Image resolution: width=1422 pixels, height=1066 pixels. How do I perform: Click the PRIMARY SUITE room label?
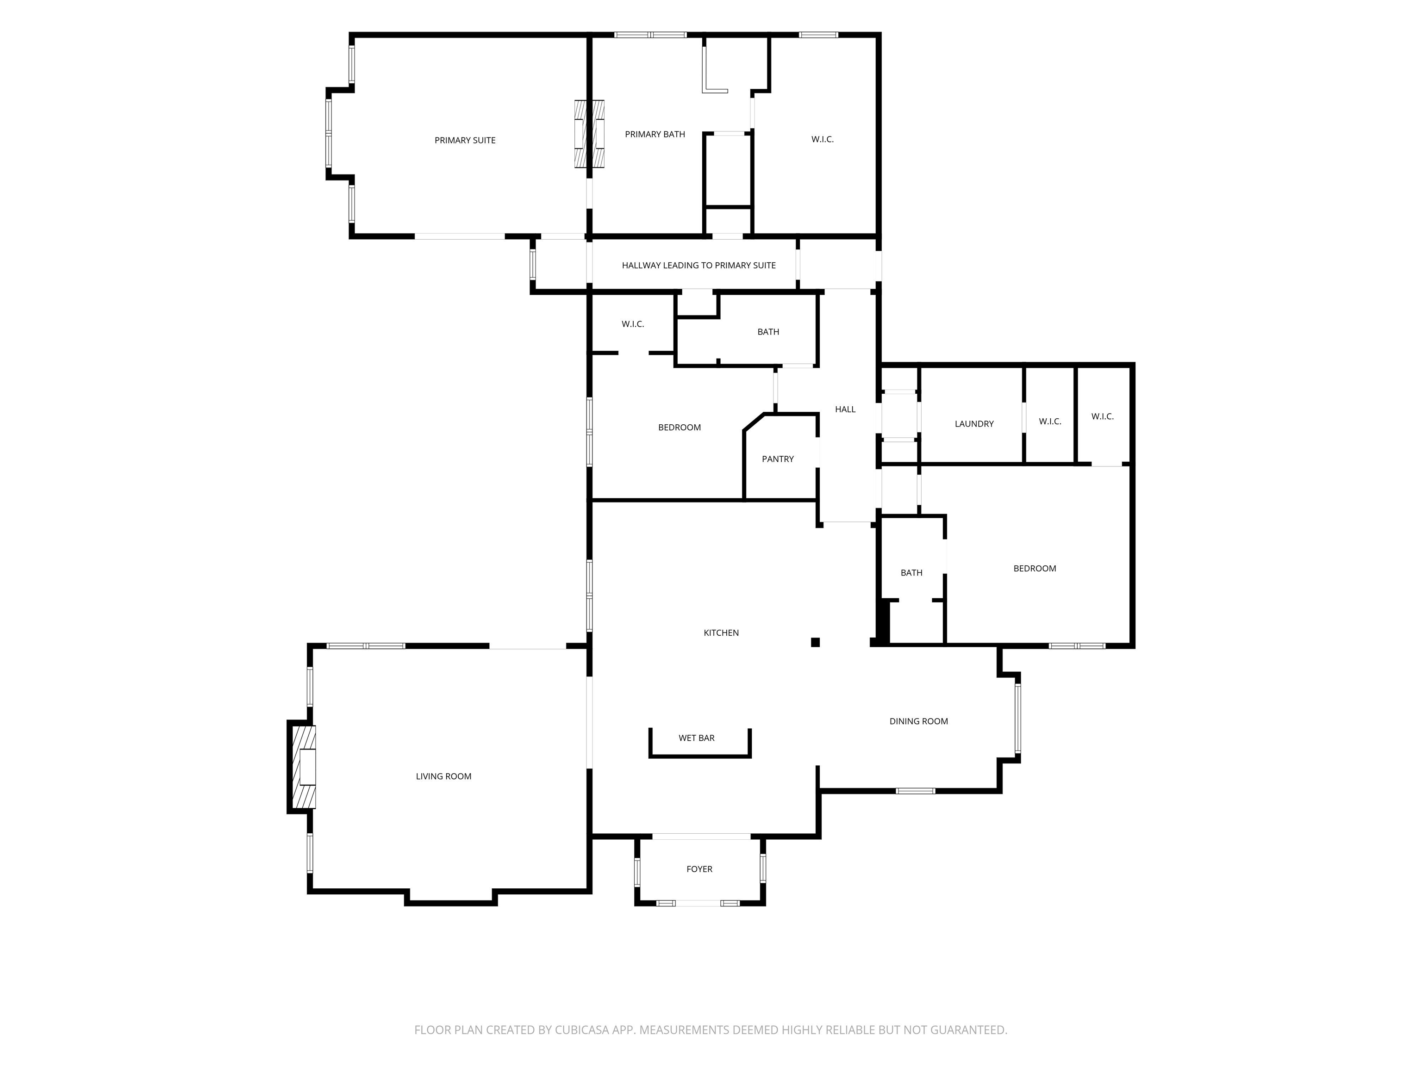click(465, 140)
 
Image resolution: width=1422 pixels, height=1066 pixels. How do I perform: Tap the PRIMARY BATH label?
click(655, 134)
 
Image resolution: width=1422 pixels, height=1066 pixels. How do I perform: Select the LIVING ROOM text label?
click(443, 776)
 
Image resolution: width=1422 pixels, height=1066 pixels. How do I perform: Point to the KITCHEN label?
click(721, 633)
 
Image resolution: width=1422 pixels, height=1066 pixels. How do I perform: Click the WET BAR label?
click(697, 738)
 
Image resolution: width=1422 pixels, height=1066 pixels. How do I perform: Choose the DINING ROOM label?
click(919, 721)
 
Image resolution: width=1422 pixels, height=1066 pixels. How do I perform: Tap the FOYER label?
click(699, 869)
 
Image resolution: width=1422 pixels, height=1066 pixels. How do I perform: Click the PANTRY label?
click(778, 459)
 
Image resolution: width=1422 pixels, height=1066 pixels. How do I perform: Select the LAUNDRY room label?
click(974, 423)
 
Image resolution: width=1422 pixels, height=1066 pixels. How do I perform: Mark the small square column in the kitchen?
click(815, 642)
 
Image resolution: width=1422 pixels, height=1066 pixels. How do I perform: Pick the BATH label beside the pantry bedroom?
click(768, 332)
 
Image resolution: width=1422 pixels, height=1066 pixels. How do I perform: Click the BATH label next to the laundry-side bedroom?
click(911, 572)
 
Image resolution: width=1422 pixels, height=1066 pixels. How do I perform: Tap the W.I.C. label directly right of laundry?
click(1050, 421)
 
